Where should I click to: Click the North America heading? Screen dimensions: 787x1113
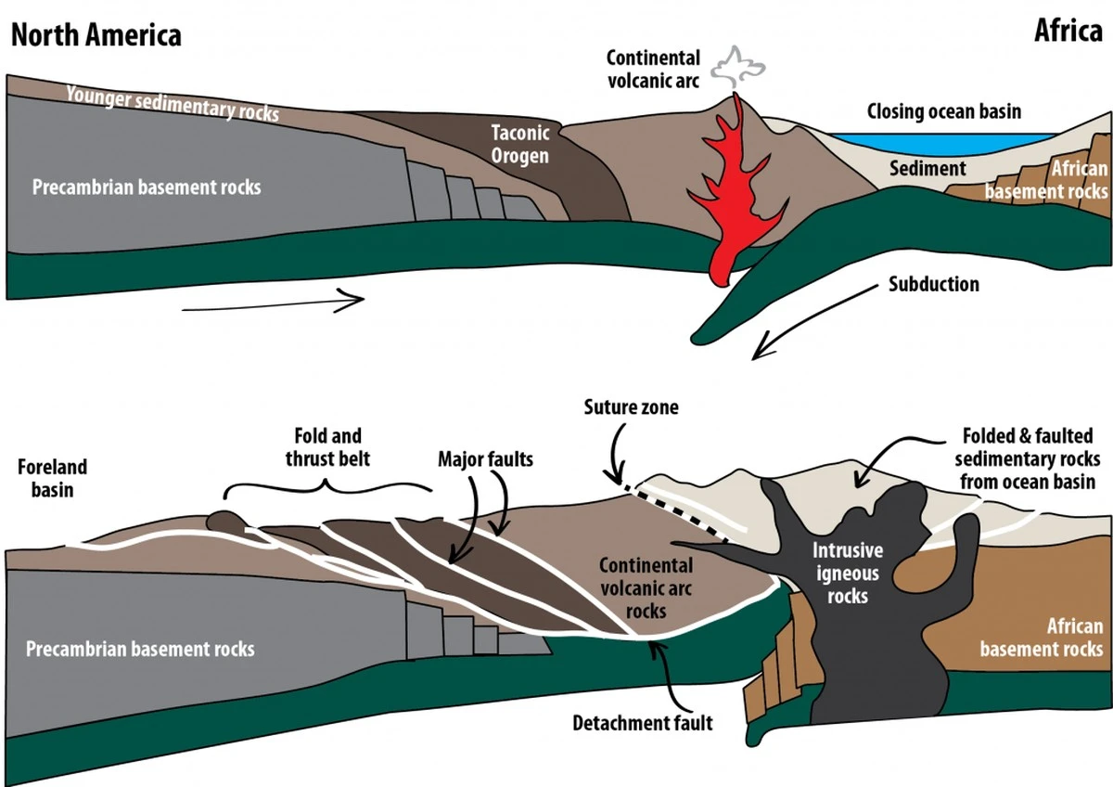click(96, 35)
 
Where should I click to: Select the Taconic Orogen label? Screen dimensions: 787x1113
click(520, 145)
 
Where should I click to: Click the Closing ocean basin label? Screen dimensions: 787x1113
click(943, 111)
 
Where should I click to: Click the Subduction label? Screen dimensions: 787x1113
click(933, 283)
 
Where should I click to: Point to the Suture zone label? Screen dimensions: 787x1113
click(631, 407)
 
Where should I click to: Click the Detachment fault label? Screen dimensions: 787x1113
click(643, 721)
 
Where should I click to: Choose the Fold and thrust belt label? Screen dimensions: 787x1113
click(327, 445)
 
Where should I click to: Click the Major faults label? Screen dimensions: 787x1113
click(485, 458)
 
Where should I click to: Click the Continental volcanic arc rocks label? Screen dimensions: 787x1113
click(646, 587)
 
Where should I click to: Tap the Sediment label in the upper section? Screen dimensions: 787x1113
click(927, 169)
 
